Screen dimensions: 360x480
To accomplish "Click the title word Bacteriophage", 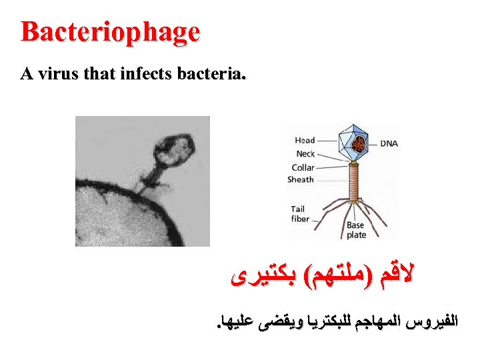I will pos(110,32).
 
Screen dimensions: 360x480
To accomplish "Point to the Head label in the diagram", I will pos(305,141).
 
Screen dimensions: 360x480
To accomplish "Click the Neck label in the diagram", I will pos(305,154).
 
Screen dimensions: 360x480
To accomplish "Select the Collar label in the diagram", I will pos(303,167).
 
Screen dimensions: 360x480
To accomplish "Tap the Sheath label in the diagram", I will pos(301,179).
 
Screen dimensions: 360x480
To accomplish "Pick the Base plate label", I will pos(356,230).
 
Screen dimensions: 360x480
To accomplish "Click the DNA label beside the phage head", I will pos(389,143).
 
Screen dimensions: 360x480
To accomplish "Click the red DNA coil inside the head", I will pos(359,143).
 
